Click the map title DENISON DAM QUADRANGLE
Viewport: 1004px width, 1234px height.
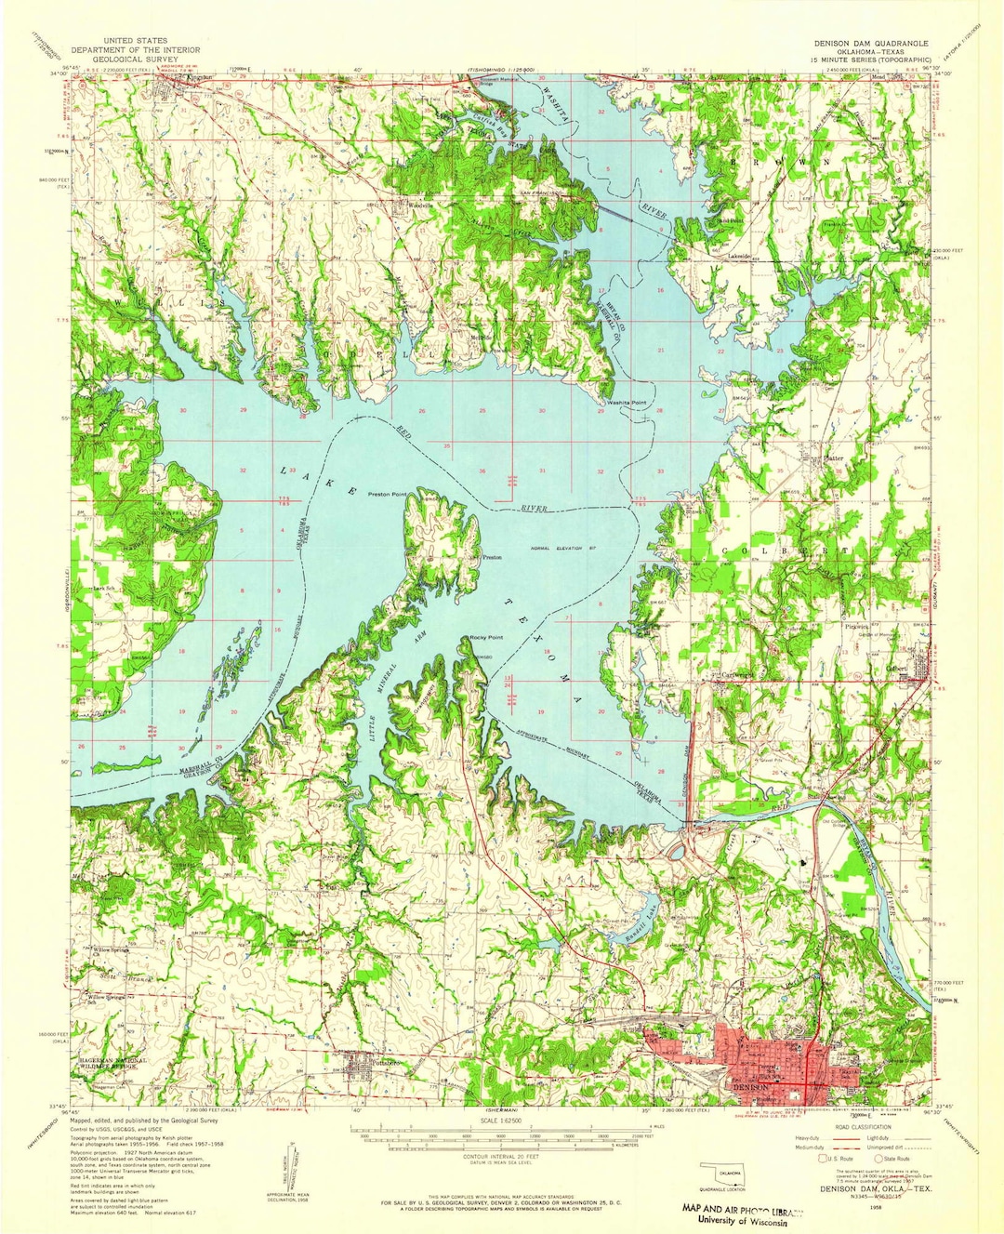(869, 43)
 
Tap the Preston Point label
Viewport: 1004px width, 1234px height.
(389, 494)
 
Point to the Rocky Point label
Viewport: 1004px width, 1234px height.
(485, 637)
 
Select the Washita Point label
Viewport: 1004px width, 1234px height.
(627, 403)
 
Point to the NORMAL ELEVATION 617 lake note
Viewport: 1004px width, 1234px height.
(563, 548)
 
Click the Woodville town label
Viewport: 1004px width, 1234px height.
(423, 206)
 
